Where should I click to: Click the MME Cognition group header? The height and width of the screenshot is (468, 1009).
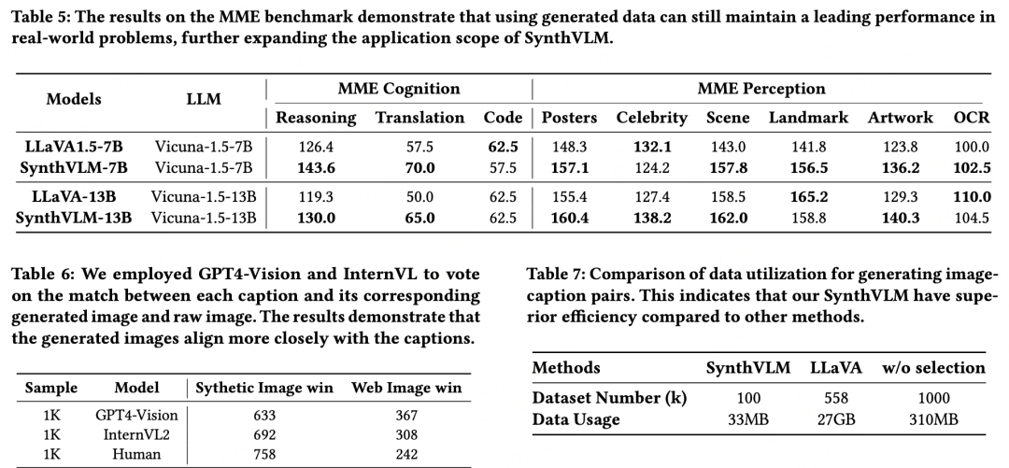click(399, 89)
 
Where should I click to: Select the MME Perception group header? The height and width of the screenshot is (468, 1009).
click(761, 89)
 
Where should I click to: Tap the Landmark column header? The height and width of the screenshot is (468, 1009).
click(808, 118)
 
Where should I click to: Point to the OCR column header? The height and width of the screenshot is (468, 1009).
click(972, 118)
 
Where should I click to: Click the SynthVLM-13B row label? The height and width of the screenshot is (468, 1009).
click(74, 218)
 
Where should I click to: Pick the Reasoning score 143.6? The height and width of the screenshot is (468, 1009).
click(316, 168)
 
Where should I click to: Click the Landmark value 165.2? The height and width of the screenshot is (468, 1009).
click(808, 197)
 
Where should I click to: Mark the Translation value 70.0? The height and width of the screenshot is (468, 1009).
click(419, 168)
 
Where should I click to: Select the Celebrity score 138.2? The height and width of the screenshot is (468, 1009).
click(651, 218)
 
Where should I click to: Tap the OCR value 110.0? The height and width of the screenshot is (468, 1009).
click(972, 197)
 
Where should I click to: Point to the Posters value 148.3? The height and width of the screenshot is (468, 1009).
click(569, 148)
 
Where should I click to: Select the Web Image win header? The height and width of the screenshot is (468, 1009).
click(406, 388)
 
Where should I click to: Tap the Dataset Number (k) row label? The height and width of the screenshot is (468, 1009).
click(609, 398)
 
